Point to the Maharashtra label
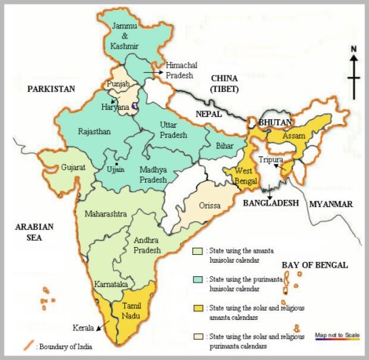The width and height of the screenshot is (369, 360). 100,212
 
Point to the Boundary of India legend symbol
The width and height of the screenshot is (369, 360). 29,345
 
